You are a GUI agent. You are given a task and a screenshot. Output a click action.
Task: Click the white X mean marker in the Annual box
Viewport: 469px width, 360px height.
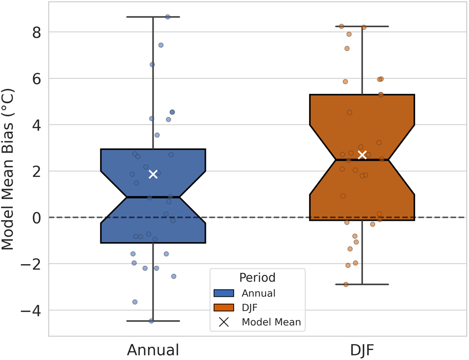pyautogui.click(x=153, y=174)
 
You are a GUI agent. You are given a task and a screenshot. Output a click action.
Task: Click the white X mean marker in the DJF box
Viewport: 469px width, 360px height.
pyautogui.click(x=362, y=155)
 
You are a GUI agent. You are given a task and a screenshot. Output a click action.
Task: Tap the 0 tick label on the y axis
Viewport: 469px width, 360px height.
pyautogui.click(x=36, y=217)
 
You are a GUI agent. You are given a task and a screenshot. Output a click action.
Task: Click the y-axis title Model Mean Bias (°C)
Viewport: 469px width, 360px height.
pyautogui.click(x=11, y=169)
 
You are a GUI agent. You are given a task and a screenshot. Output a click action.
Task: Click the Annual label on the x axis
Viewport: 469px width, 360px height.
pyautogui.click(x=153, y=350)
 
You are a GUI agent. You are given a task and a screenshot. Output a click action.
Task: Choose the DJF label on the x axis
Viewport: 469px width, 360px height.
pyautogui.click(x=362, y=350)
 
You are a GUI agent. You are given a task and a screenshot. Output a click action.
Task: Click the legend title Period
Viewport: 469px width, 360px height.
pyautogui.click(x=257, y=277)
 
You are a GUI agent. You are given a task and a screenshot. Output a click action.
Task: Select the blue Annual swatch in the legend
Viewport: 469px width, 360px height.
pyautogui.click(x=224, y=293)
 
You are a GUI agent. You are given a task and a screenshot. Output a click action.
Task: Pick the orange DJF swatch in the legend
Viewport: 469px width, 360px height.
pyautogui.click(x=224, y=307)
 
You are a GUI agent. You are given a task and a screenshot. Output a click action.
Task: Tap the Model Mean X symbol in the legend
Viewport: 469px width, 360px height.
pyautogui.click(x=224, y=322)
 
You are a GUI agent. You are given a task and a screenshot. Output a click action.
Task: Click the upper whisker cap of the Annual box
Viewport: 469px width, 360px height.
pyautogui.click(x=153, y=17)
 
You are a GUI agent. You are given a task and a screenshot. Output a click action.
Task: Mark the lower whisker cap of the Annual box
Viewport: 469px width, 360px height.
pyautogui.click(x=153, y=321)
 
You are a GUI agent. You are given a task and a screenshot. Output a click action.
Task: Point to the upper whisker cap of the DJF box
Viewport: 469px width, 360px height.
pyautogui.click(x=362, y=26)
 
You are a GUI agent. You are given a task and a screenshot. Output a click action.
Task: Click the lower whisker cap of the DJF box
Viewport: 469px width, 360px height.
pyautogui.click(x=362, y=284)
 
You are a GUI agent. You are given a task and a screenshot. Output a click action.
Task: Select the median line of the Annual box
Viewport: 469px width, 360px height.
pyautogui.click(x=153, y=197)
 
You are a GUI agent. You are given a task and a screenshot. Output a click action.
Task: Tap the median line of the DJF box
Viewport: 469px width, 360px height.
pyautogui.click(x=362, y=160)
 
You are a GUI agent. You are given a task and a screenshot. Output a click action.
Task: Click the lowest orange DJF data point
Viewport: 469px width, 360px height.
pyautogui.click(x=346, y=284)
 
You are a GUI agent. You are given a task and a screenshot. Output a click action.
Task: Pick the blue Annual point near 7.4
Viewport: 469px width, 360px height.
pyautogui.click(x=161, y=45)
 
